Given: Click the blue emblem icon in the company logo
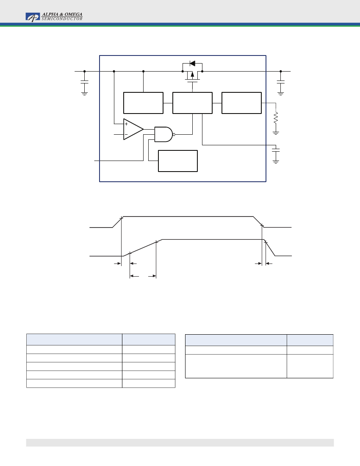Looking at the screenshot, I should pos(33,17).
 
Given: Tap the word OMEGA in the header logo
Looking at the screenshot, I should pos(73,14).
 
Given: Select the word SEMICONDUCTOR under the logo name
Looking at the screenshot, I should pos(62,19).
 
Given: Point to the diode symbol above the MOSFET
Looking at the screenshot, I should pos(192,64).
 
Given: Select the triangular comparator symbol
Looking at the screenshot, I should pos(133,129).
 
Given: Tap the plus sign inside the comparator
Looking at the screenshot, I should pos(126,124).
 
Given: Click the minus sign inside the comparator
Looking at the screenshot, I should pos(126,134).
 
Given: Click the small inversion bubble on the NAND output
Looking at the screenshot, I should pos(174,134).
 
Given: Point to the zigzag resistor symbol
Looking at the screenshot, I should pos(276,117).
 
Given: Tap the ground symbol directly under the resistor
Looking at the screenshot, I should pos(276,133).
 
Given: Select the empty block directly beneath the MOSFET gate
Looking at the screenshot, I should pos(192,103).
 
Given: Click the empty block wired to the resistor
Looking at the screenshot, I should pos(241,103).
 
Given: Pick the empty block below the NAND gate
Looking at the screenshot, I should pos(177,161).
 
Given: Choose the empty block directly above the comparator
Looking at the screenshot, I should pos(143,103).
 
